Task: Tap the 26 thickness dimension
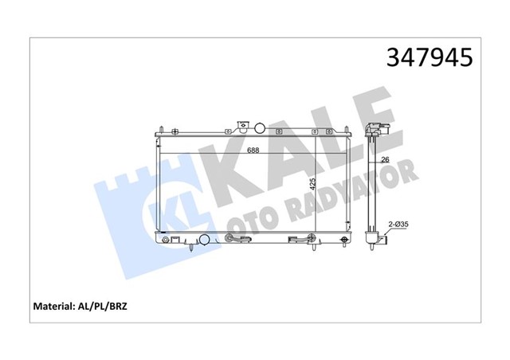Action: [x=383, y=159]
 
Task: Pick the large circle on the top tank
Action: [x=261, y=127]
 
